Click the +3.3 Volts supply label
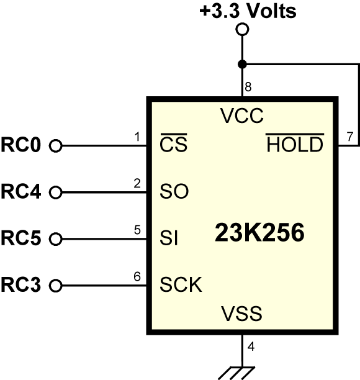[x=248, y=11]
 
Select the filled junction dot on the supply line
[x=242, y=65]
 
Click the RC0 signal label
[x=21, y=145]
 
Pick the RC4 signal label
[x=21, y=191]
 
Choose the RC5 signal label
[x=21, y=238]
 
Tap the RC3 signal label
[x=21, y=284]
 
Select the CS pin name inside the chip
[x=174, y=143]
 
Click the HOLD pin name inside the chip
[x=295, y=143]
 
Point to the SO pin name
[x=174, y=191]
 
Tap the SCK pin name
[x=181, y=284]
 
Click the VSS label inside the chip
[x=241, y=314]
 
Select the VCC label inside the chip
[x=242, y=115]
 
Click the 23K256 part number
[x=259, y=233]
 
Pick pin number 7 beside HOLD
[x=350, y=137]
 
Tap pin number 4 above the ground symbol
[x=251, y=346]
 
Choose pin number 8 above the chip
[x=248, y=87]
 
